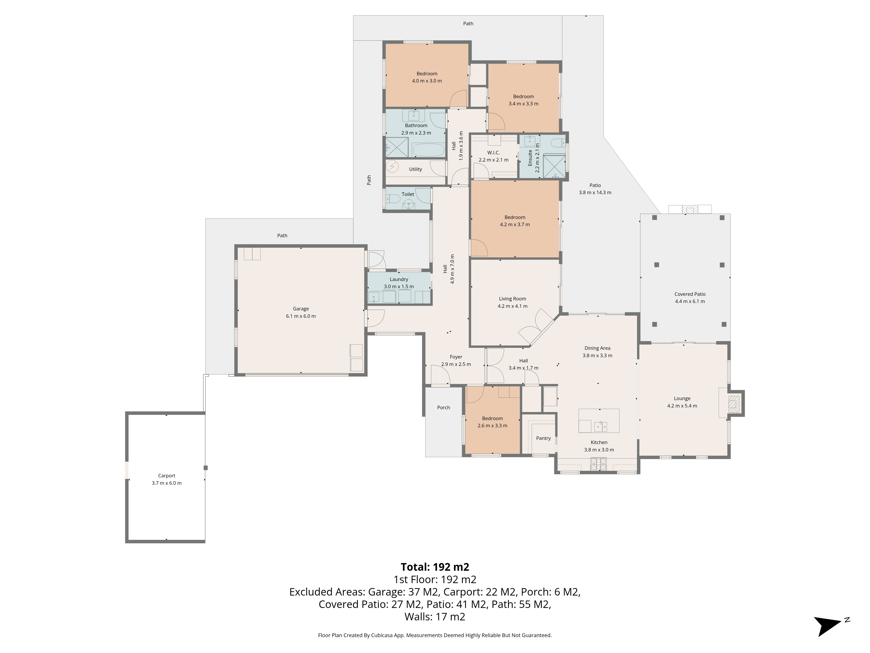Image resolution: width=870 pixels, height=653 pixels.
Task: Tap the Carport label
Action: (167, 475)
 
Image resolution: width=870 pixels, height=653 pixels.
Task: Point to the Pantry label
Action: (543, 438)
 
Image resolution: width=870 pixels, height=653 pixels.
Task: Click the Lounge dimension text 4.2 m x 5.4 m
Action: (682, 406)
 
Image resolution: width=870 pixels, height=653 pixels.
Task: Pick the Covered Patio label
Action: (690, 294)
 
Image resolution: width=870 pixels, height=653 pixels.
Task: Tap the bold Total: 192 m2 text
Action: (435, 567)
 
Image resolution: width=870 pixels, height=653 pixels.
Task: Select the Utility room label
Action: (415, 169)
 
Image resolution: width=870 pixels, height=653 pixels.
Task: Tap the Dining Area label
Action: (597, 348)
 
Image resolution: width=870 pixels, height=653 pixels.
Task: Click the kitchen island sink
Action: (600, 426)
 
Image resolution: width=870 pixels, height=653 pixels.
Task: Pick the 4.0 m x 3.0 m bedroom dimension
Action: (427, 81)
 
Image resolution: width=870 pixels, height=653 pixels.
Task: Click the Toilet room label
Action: (408, 194)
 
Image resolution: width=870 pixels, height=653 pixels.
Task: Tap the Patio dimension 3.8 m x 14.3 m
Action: (595, 192)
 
